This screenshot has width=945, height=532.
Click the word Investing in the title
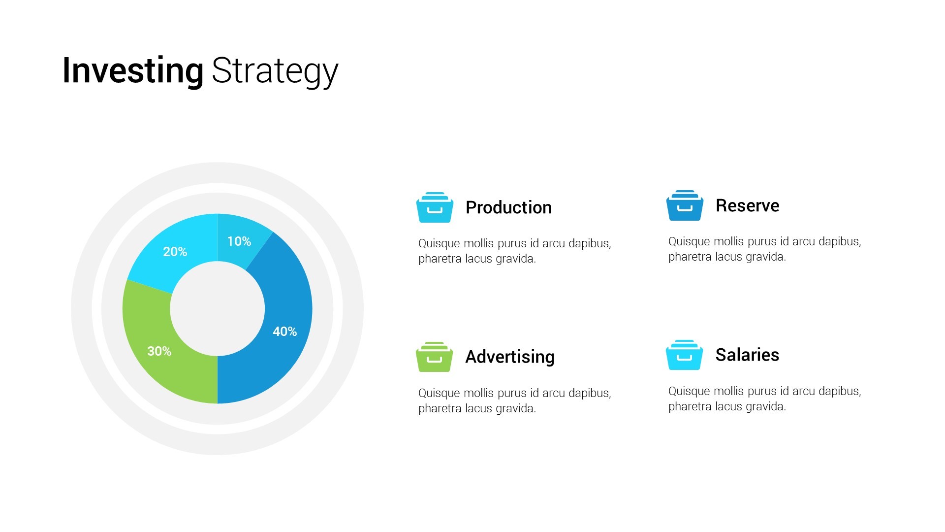[x=133, y=71]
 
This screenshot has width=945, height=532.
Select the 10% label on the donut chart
[x=239, y=241]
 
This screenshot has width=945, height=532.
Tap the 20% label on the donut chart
[x=175, y=252]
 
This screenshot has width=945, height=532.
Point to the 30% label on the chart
[x=159, y=351]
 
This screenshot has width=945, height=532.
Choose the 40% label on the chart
[x=285, y=332]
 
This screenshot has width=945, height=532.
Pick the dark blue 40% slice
[x=281, y=315]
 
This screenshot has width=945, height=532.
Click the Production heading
[x=509, y=207]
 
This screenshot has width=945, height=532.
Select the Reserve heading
[x=748, y=205]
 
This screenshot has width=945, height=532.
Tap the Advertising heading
[x=510, y=357]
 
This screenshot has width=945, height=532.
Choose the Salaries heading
[x=748, y=355]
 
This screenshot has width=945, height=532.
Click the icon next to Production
[x=435, y=207]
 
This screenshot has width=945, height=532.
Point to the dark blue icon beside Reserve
[x=685, y=205]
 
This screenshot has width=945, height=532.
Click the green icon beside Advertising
[x=434, y=357]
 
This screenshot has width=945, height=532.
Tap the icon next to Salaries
[x=684, y=355]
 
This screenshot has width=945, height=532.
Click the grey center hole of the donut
[x=218, y=309]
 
